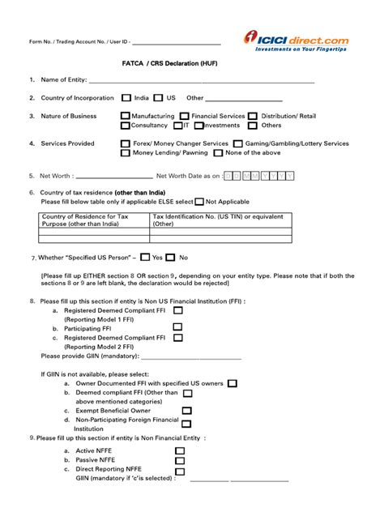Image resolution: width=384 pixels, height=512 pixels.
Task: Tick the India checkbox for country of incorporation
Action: click(x=126, y=97)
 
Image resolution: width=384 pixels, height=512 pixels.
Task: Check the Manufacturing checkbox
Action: click(x=126, y=116)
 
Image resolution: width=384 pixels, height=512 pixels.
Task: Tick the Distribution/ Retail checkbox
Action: click(x=254, y=116)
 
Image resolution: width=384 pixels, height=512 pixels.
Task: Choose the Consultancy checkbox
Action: click(x=126, y=126)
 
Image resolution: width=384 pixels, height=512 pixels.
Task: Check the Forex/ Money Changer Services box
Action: click(x=126, y=143)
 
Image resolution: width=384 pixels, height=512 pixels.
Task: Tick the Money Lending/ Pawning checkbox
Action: click(x=126, y=152)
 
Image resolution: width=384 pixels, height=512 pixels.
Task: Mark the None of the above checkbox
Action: click(x=219, y=152)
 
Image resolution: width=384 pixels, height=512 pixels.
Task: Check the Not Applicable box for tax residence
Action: click(x=199, y=201)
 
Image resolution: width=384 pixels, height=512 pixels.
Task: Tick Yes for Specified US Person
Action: click(x=145, y=258)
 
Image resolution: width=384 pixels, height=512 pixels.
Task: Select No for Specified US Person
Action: click(x=171, y=258)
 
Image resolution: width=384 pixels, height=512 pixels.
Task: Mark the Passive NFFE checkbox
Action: click(x=179, y=459)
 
